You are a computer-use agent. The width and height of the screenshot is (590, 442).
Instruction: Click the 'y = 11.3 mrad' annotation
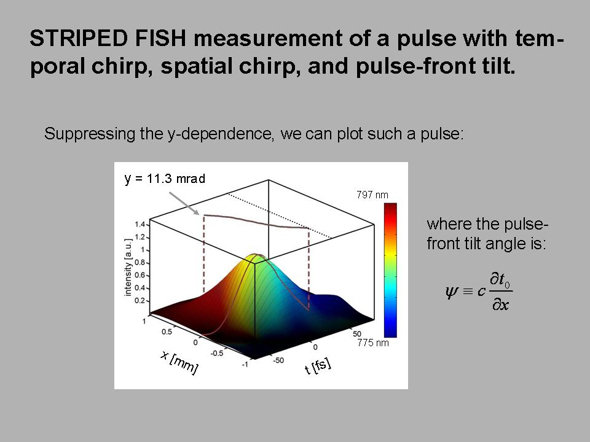165,179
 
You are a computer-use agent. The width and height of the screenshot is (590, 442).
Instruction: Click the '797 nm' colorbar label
372,195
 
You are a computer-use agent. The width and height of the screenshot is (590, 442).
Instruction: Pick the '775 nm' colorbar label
373,343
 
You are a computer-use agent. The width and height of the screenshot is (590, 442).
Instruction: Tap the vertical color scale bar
390,270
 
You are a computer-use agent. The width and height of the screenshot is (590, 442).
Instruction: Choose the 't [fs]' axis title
318,366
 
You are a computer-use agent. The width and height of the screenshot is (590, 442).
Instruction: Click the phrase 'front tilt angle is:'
486,243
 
